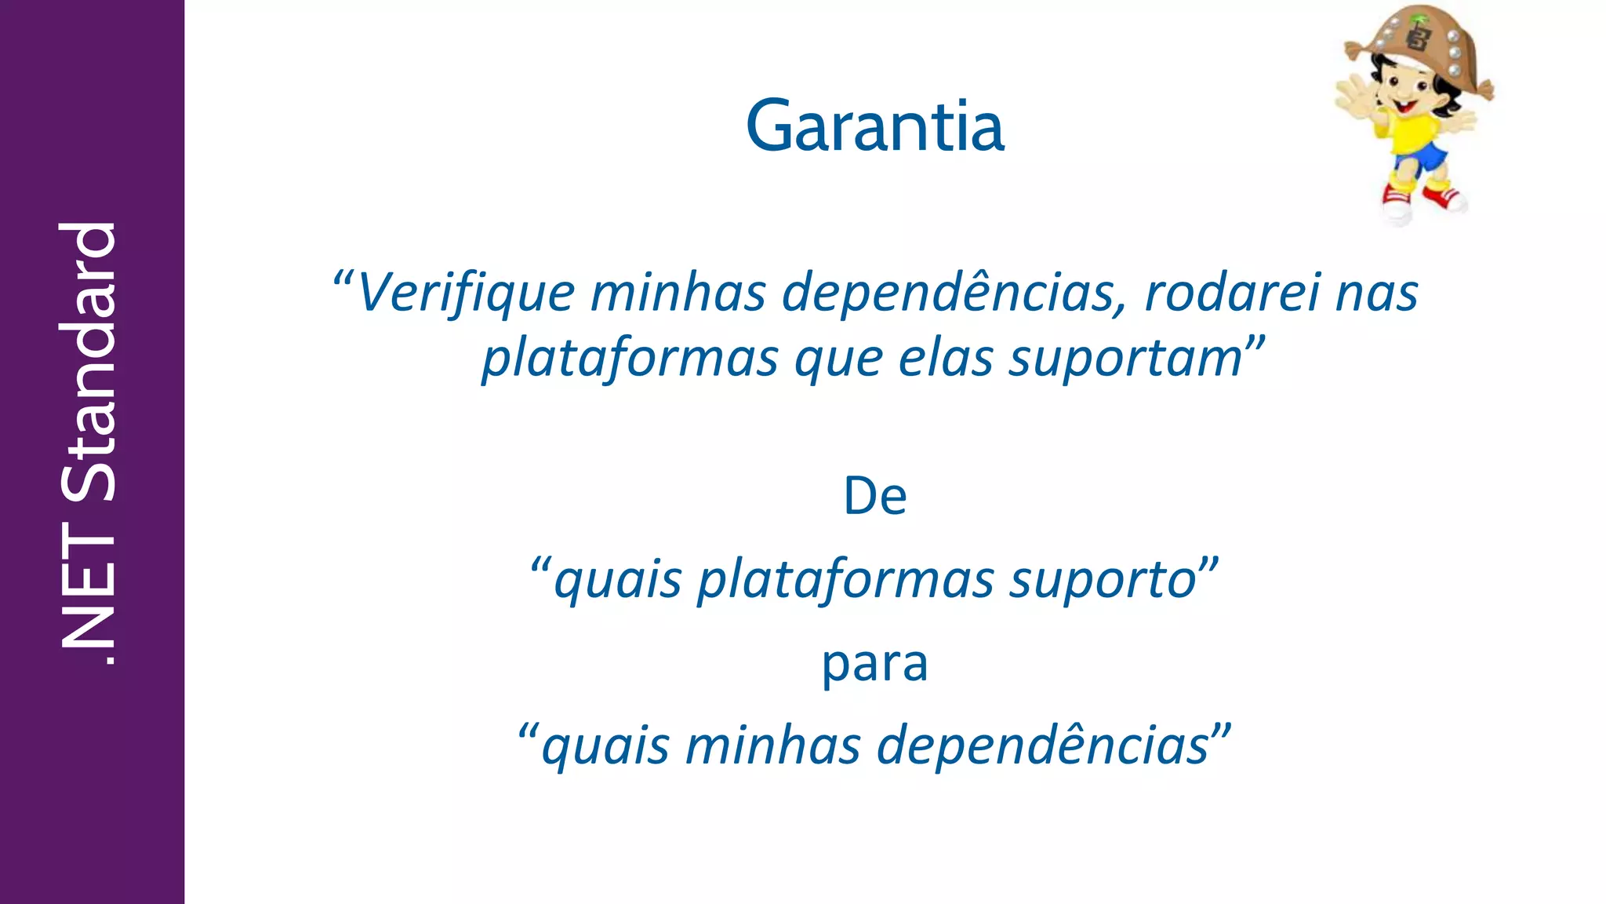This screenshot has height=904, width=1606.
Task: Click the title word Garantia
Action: click(874, 126)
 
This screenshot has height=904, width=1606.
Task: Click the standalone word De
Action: click(875, 497)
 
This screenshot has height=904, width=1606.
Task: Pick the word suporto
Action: click(1102, 580)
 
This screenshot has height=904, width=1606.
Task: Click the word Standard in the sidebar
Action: click(89, 362)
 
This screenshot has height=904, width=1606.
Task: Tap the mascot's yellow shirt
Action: click(1412, 130)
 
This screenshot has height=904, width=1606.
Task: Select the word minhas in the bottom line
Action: click(772, 746)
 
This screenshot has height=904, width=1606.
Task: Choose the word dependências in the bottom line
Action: click(1043, 746)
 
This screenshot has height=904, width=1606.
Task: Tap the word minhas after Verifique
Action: click(678, 293)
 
